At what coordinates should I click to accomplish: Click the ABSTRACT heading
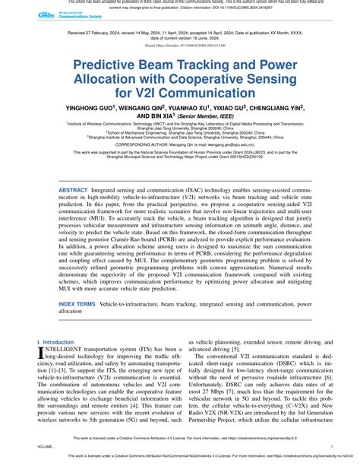73,188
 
